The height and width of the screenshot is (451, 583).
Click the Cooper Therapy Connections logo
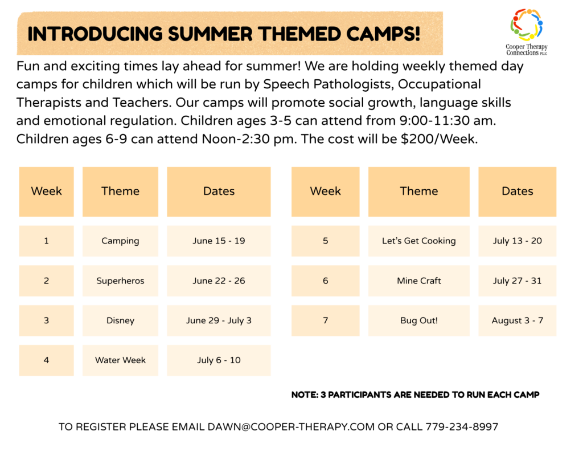(527, 32)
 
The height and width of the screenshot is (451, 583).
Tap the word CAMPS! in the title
(383, 34)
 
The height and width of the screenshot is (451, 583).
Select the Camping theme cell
(121, 241)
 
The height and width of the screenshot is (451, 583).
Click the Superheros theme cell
(121, 281)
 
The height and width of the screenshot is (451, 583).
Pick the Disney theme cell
(121, 320)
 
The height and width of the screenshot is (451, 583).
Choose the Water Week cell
(121, 360)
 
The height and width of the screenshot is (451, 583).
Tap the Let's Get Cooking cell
(419, 241)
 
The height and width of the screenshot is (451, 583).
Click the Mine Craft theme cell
(419, 281)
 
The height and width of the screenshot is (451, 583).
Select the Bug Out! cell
(419, 320)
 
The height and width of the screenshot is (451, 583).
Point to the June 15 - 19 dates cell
(219, 241)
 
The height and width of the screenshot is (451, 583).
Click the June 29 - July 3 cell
(219, 320)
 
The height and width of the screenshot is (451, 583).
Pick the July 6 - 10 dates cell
(219, 360)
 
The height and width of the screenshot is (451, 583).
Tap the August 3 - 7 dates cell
(518, 320)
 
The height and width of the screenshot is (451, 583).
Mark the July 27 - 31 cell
(518, 281)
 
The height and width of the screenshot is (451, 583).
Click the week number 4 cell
(47, 360)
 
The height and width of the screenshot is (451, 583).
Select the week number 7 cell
(325, 320)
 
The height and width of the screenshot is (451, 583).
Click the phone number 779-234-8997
(462, 427)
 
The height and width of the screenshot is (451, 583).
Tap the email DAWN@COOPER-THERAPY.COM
(291, 427)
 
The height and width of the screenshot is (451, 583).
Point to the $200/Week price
(439, 139)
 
